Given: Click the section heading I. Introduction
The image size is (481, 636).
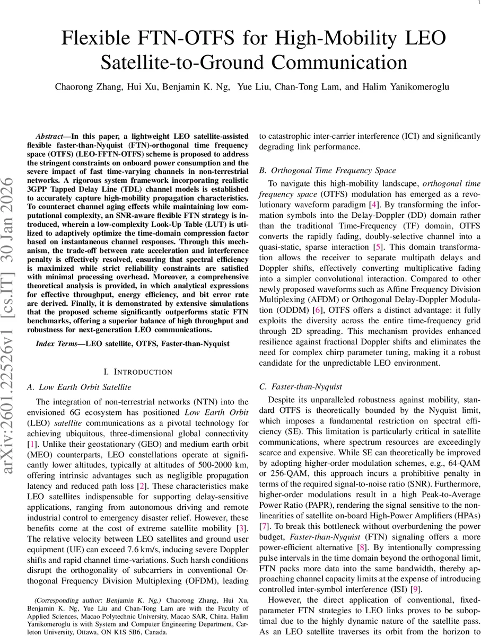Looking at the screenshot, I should click(137, 373).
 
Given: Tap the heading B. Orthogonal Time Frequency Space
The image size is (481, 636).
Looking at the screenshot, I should click(327, 171).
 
